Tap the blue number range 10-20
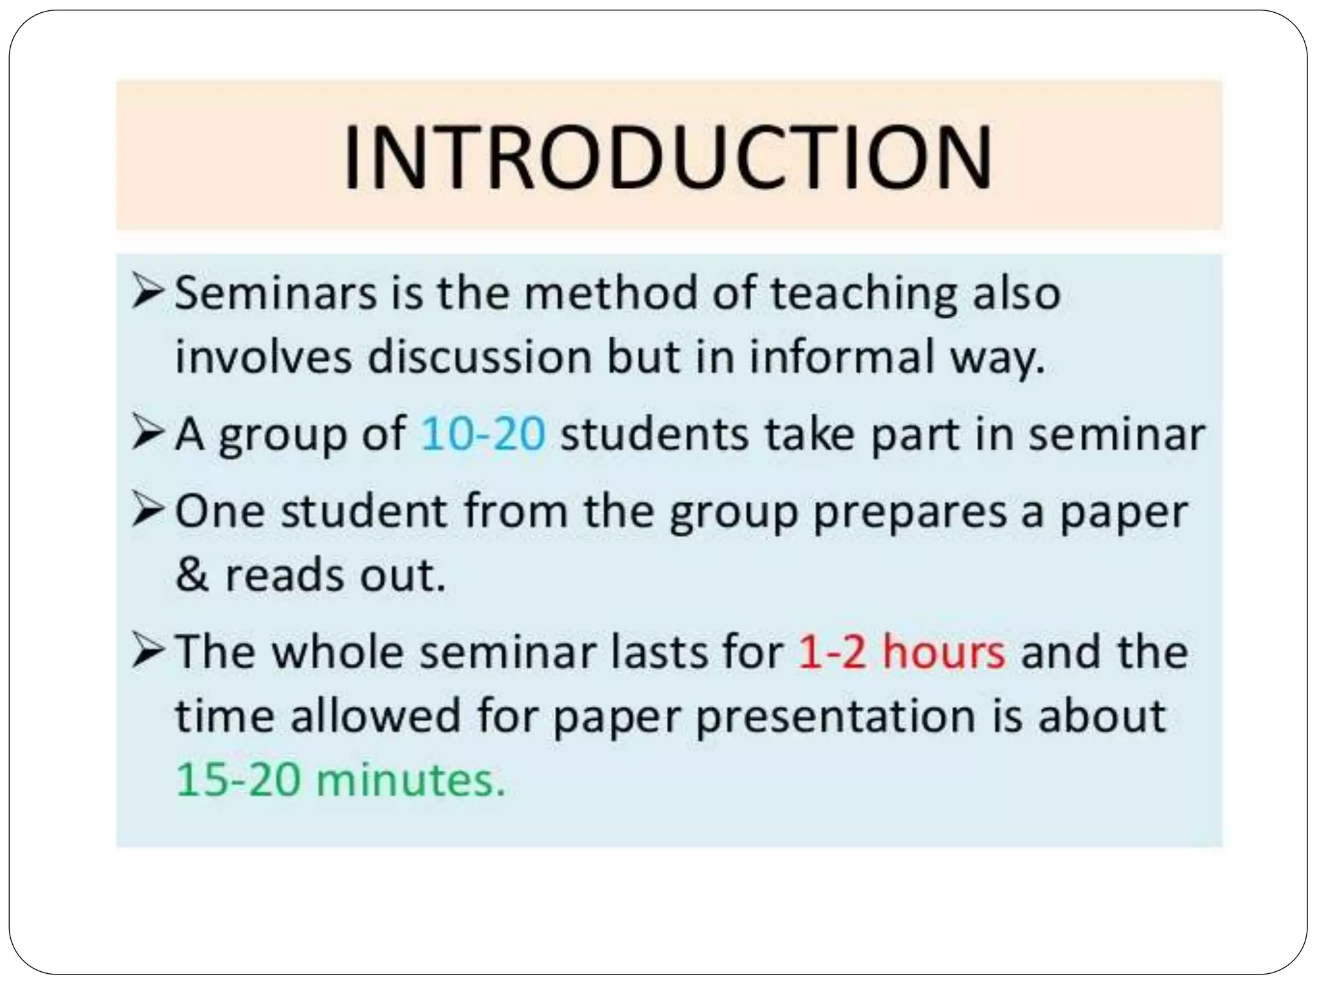point(482,434)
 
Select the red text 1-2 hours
point(901,652)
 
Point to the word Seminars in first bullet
point(276,293)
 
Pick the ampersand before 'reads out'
point(192,575)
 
